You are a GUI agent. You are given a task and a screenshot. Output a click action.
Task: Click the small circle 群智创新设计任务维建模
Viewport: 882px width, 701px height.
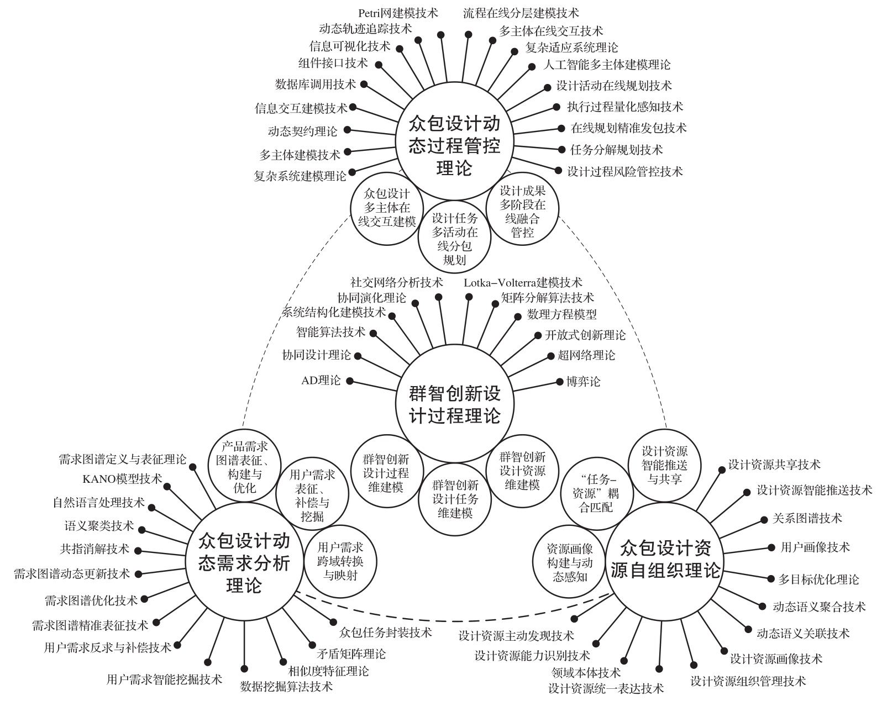point(455,499)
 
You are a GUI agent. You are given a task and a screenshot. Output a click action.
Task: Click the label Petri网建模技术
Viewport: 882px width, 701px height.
point(398,12)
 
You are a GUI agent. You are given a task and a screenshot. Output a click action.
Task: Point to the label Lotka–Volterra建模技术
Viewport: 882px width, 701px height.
point(523,282)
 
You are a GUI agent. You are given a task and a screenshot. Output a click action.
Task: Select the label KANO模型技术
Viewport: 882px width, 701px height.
point(122,478)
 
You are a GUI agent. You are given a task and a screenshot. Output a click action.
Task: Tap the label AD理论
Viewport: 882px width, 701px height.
point(321,381)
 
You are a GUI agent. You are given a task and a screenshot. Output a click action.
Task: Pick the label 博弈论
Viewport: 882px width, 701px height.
point(583,381)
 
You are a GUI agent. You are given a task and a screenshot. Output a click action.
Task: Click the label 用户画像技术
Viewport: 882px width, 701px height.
point(815,547)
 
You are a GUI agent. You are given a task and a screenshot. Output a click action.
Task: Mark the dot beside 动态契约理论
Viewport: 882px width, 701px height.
point(348,131)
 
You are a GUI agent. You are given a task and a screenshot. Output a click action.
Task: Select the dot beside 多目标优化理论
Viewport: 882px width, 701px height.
point(771,578)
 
